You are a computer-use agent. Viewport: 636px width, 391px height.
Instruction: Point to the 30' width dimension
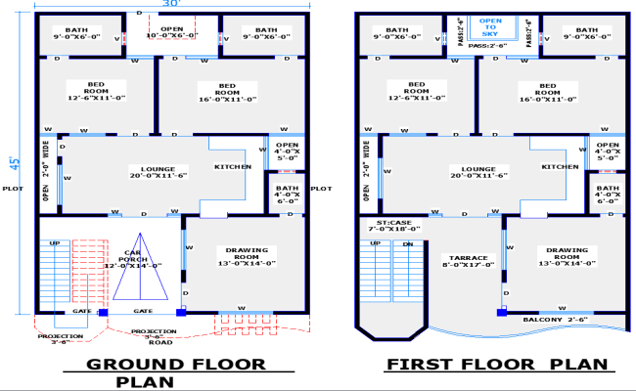171,5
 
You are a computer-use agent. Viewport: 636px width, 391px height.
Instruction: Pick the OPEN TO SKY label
490,27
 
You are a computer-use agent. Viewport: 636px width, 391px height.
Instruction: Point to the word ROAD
160,342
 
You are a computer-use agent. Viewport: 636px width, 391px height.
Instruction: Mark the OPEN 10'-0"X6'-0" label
171,33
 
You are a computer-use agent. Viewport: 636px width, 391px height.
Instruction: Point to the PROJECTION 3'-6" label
61,339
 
